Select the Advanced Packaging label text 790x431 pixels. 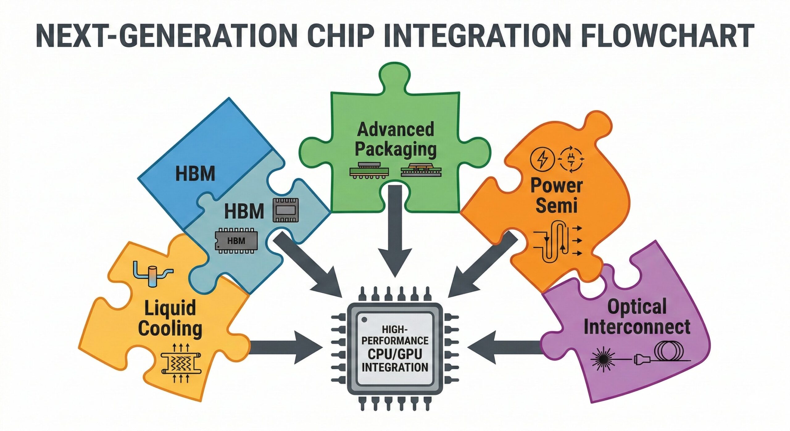(x=396, y=139)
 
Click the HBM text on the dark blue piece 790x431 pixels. (x=195, y=174)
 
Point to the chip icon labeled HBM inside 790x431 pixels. (x=236, y=241)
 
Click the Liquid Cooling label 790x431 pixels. (x=170, y=318)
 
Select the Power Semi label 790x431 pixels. (x=556, y=195)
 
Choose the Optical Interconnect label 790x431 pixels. (x=637, y=317)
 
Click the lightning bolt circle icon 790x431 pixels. (x=542, y=159)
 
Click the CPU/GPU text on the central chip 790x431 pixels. (x=395, y=354)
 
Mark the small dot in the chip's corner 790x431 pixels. (x=364, y=319)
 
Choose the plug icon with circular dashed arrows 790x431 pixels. (x=572, y=159)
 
